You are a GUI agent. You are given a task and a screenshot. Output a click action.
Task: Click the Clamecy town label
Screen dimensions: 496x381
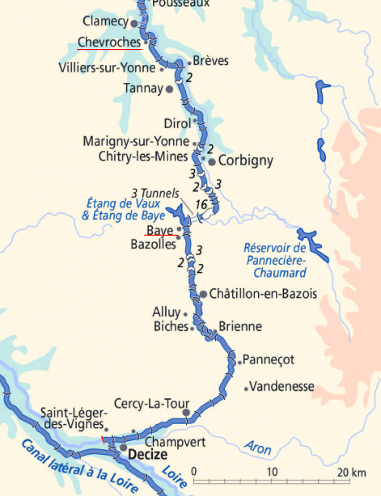(105, 21)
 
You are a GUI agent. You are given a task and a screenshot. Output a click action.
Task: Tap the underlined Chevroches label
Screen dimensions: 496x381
(109, 41)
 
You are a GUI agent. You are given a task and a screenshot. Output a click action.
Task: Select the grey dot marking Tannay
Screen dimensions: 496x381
(169, 89)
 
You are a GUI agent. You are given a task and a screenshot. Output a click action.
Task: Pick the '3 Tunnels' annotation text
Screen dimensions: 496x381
(156, 194)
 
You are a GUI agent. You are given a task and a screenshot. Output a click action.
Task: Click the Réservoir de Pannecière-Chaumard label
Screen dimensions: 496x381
(274, 260)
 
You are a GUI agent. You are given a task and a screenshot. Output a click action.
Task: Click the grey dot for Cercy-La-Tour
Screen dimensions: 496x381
(186, 412)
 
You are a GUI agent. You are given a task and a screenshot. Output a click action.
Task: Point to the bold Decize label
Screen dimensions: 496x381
(148, 455)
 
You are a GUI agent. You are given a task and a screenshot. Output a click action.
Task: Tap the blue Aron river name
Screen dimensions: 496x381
(258, 447)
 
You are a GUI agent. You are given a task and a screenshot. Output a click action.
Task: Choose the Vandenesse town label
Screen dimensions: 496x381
(282, 386)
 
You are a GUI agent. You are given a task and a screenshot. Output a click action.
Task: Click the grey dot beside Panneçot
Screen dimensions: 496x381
(240, 363)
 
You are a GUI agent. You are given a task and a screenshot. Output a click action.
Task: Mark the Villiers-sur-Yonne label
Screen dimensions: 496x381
(107, 68)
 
